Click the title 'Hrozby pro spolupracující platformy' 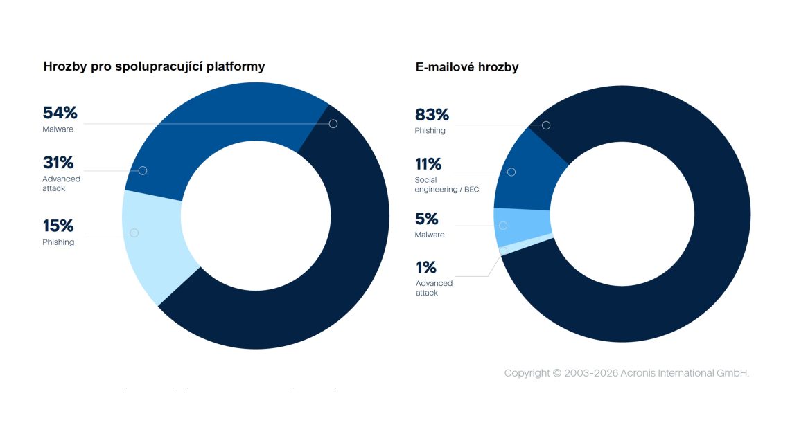(154, 66)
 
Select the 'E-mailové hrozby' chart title (467, 67)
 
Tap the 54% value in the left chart (60, 113)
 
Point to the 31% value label (58, 163)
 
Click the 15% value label (58, 226)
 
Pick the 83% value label (432, 115)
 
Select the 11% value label (428, 164)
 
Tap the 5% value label (427, 219)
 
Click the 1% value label (426, 267)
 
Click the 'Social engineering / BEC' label (447, 184)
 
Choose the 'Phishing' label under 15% (58, 242)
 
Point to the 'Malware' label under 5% (430, 235)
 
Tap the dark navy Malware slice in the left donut (333, 263)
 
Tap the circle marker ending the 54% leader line (333, 124)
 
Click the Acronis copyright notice (626, 373)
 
